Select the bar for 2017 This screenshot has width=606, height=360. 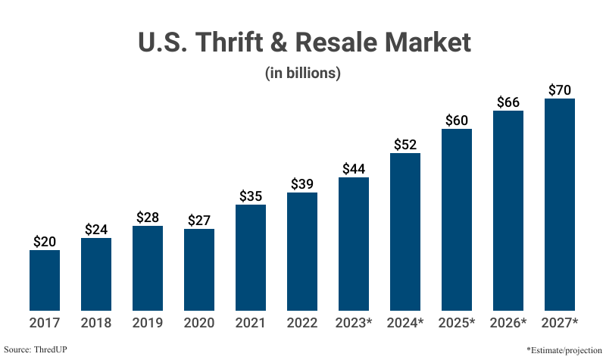click(x=45, y=280)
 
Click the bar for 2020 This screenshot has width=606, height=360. click(x=199, y=269)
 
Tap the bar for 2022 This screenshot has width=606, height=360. click(x=302, y=251)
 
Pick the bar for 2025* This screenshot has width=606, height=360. click(x=457, y=219)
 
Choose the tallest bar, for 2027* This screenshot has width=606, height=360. click(x=560, y=204)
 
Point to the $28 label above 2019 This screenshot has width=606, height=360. click(x=148, y=218)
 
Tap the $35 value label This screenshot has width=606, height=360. click(x=251, y=196)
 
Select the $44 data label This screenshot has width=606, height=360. click(x=354, y=169)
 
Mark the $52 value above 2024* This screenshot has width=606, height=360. click(x=405, y=145)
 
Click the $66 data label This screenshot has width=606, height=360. click(x=508, y=102)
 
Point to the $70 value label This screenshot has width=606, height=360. click(x=560, y=90)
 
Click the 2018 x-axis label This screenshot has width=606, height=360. click(x=96, y=323)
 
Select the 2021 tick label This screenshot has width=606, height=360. click(x=251, y=323)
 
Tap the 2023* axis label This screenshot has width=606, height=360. click(x=355, y=323)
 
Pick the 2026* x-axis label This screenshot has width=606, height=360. click(x=509, y=323)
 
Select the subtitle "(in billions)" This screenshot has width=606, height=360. click(x=303, y=74)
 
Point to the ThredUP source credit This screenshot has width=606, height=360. click(x=36, y=350)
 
